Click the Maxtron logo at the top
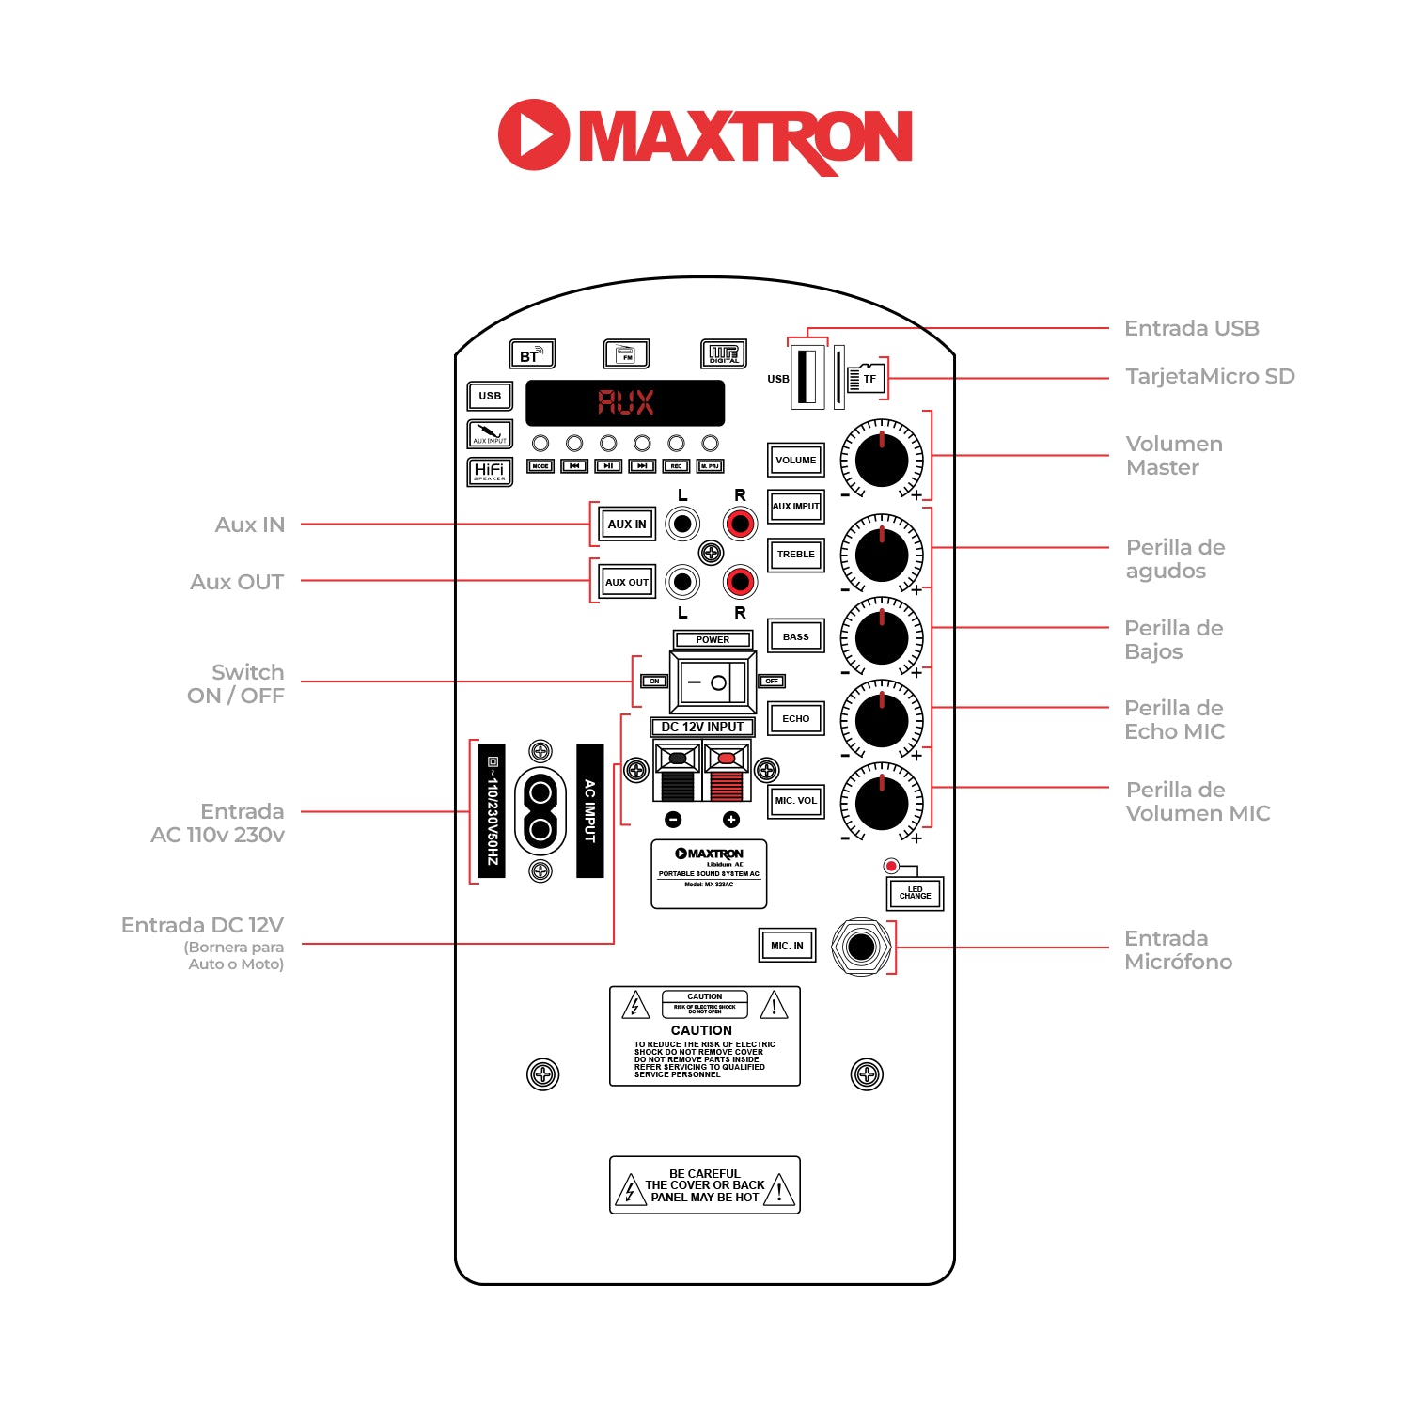[705, 136]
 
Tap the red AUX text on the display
[625, 403]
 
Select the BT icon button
[532, 354]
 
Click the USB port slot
[807, 376]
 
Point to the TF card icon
[866, 378]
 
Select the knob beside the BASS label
[882, 637]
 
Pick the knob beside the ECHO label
[882, 720]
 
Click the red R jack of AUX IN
[740, 524]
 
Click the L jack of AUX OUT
[682, 582]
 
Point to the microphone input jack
[861, 947]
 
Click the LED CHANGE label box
[915, 893]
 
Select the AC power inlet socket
[540, 811]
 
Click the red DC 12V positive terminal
[726, 773]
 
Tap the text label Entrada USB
[1191, 328]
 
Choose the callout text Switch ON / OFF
[236, 683]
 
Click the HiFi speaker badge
[490, 471]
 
